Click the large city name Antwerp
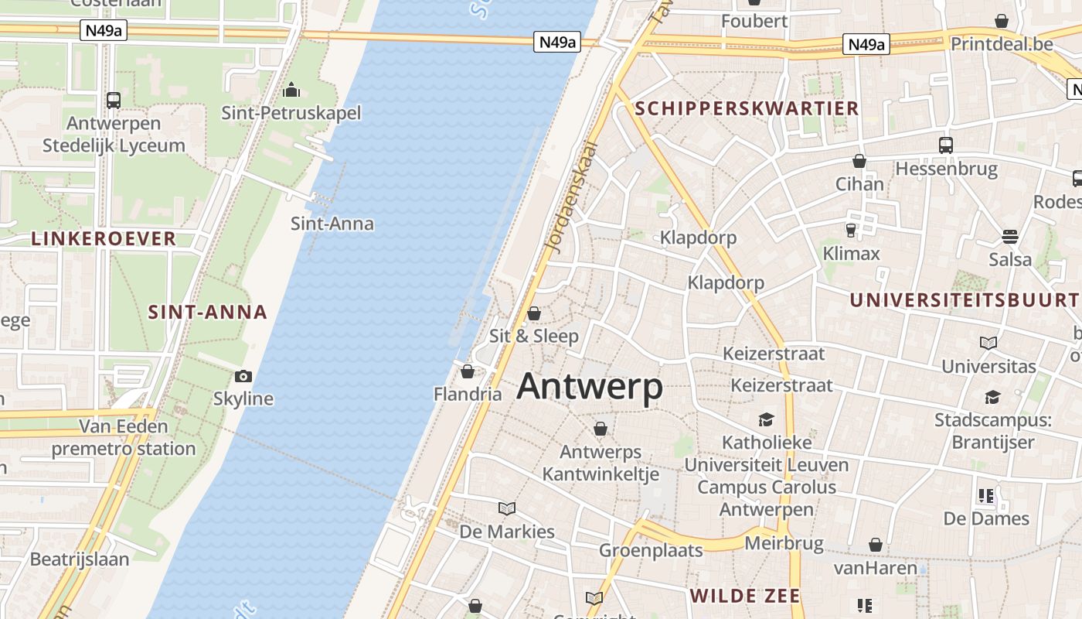pos(589,386)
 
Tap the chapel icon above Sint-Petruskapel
pos(291,91)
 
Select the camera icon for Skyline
pos(243,377)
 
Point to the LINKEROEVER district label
pos(104,238)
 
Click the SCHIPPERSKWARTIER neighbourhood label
pos(747,108)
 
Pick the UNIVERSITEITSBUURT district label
pos(964,300)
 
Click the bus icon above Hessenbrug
pos(946,145)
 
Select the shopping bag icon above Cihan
pos(859,161)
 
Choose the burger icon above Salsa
pos(1009,236)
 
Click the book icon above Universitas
pos(988,343)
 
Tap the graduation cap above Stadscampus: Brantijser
pos(992,398)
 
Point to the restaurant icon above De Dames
pos(985,495)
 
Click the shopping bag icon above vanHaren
pos(875,545)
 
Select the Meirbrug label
pos(784,543)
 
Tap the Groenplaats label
pos(651,550)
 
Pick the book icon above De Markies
pos(507,508)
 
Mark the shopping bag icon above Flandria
pos(467,371)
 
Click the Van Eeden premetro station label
pos(124,437)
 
